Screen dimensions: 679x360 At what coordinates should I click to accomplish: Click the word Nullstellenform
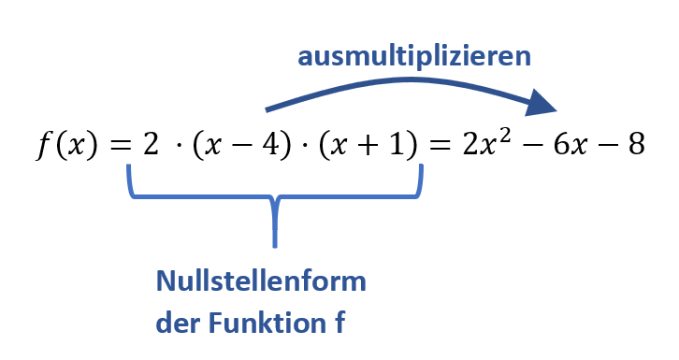coord(260,281)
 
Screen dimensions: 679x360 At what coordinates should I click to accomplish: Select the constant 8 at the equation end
coord(635,147)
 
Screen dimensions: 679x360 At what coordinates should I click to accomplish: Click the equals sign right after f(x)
coord(117,148)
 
